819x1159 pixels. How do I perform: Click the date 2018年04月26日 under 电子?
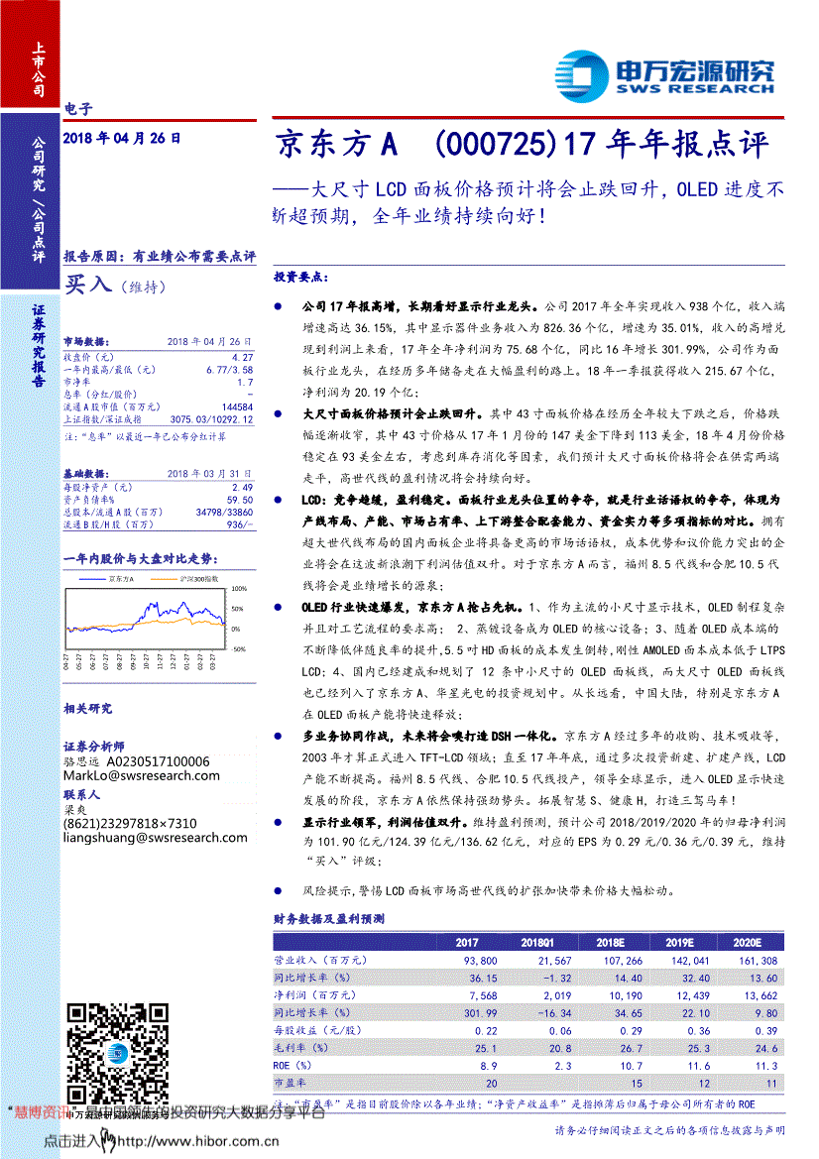[122, 140]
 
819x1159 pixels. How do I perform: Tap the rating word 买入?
[88, 285]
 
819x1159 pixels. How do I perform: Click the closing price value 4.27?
[241, 355]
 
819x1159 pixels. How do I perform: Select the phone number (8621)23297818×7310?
[130, 823]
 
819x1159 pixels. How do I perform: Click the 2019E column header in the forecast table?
[679, 942]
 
